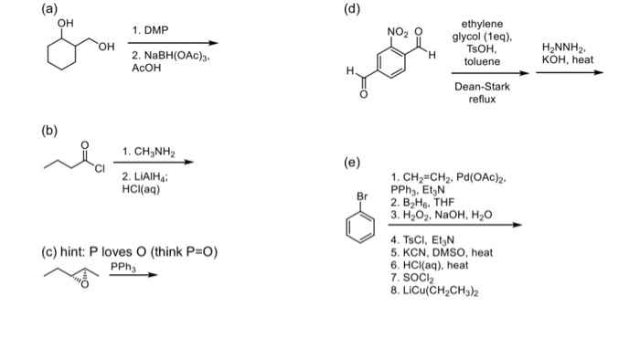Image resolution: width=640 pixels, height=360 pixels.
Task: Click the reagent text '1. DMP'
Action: (x=151, y=31)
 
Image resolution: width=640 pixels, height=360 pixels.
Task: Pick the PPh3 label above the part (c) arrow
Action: (x=123, y=266)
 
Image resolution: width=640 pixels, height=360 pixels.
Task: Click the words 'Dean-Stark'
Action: (x=482, y=87)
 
